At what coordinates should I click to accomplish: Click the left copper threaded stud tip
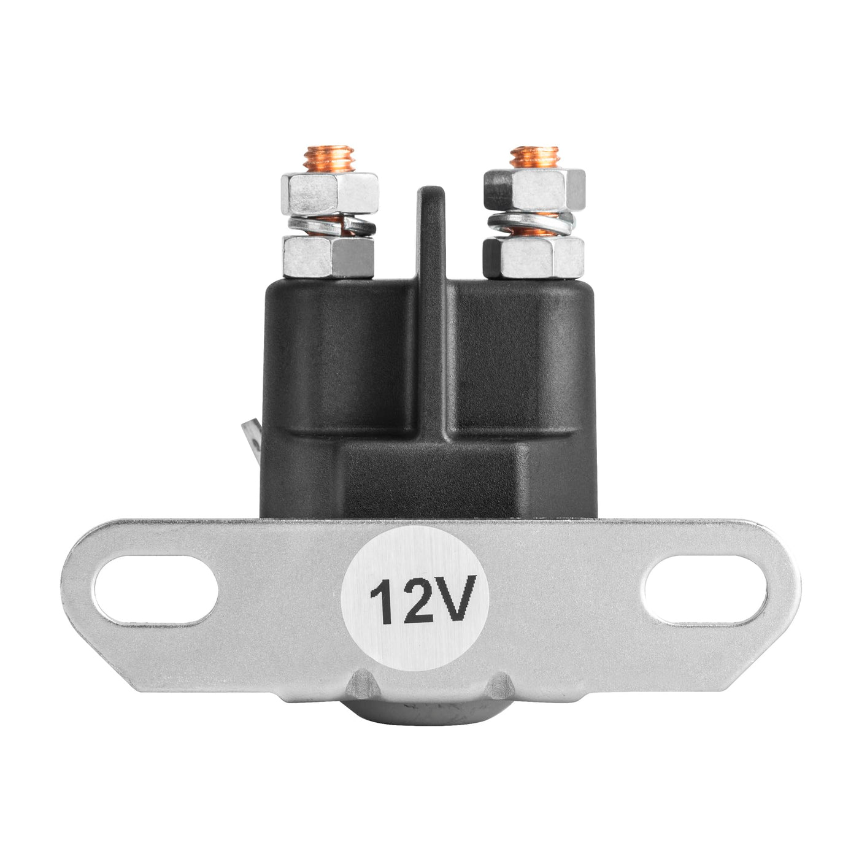click(x=329, y=159)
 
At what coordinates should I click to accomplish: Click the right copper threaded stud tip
click(x=534, y=157)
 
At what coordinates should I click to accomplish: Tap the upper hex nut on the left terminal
click(x=329, y=193)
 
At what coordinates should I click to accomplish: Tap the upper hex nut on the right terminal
click(x=534, y=190)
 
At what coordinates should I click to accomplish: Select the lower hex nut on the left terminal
click(x=328, y=257)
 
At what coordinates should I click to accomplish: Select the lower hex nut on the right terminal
click(x=534, y=258)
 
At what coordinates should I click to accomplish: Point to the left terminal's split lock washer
click(x=332, y=226)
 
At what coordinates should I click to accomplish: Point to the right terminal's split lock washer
click(x=531, y=224)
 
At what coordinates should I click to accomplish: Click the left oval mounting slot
click(x=156, y=589)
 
